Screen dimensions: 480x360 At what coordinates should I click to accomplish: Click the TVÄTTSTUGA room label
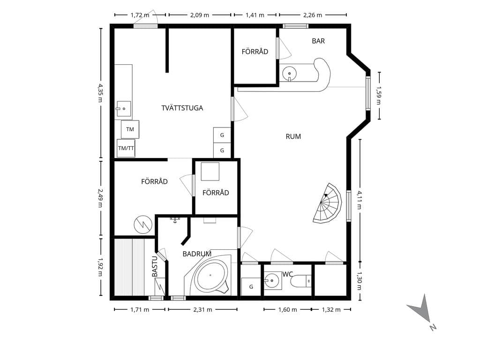182,108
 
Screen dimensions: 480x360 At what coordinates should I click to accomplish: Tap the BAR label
318,41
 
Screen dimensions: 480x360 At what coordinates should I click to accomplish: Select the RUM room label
293,136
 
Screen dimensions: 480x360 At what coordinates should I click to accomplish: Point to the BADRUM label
197,254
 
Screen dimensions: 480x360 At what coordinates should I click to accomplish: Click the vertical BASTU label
155,267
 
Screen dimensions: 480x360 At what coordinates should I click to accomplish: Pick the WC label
287,274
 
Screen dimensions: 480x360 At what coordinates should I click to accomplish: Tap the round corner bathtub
210,275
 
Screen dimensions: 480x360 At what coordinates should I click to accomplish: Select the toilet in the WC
300,281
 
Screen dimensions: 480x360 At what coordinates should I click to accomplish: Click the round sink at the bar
289,74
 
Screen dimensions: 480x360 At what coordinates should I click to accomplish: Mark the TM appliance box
130,129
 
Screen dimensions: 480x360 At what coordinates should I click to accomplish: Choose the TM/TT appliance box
126,148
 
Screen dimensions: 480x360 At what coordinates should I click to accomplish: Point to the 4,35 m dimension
100,93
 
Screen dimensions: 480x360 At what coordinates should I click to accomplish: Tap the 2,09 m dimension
200,15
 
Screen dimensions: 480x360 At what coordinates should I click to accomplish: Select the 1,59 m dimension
379,96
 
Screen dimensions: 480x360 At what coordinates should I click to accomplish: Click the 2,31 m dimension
202,309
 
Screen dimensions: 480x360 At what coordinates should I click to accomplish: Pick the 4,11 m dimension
360,200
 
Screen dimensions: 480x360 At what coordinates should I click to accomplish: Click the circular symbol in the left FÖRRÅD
143,225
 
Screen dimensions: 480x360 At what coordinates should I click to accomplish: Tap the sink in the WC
272,280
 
